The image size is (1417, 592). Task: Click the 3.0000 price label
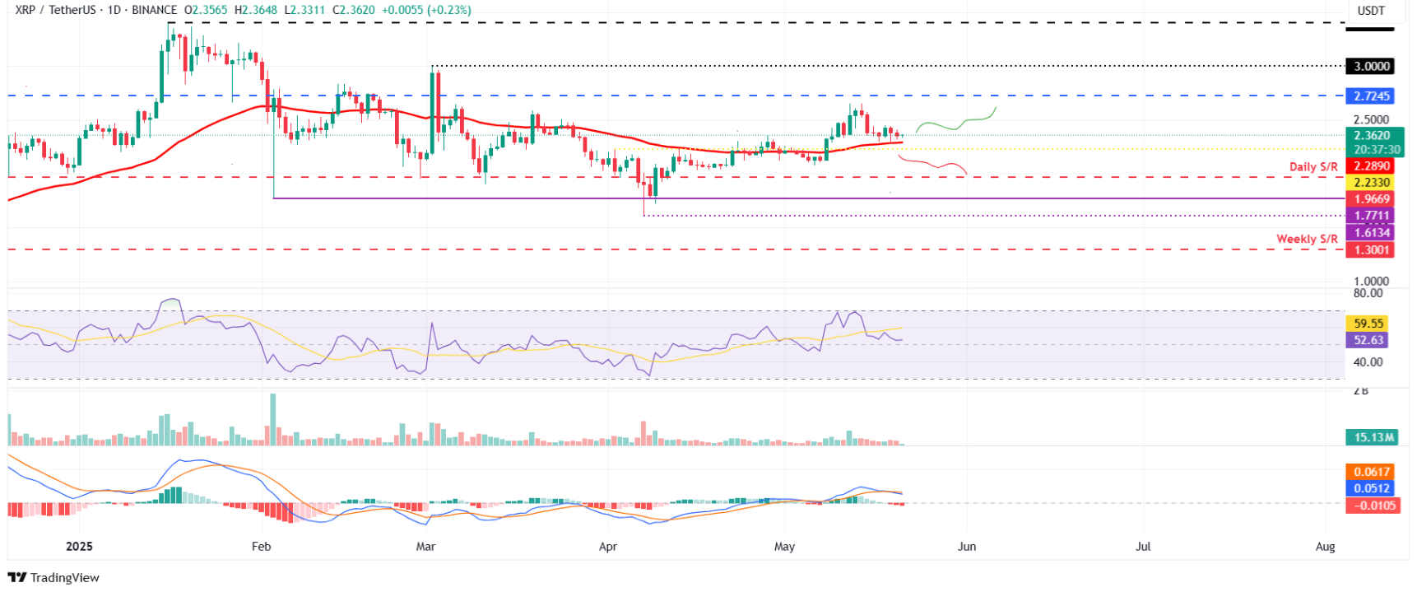tap(1370, 67)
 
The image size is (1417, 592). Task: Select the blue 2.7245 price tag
tap(1370, 96)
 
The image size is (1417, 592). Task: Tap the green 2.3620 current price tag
tap(1372, 136)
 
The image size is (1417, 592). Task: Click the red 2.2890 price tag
tap(1370, 166)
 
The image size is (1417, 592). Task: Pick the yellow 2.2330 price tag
tap(1370, 183)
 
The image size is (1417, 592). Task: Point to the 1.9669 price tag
tap(1370, 199)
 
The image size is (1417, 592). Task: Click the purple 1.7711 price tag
tap(1370, 216)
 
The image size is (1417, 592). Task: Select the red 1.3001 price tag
tap(1370, 250)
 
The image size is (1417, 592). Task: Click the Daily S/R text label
tap(1312, 167)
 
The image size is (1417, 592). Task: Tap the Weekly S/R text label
tap(1306, 239)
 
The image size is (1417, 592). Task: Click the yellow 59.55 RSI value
tap(1368, 324)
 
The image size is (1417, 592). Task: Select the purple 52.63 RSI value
tap(1368, 340)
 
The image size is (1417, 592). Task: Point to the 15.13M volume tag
tap(1372, 437)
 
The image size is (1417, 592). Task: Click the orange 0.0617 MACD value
tap(1370, 472)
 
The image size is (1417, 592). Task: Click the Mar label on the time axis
tap(425, 547)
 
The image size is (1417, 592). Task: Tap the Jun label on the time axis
tap(967, 547)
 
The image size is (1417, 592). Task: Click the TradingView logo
tap(53, 577)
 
